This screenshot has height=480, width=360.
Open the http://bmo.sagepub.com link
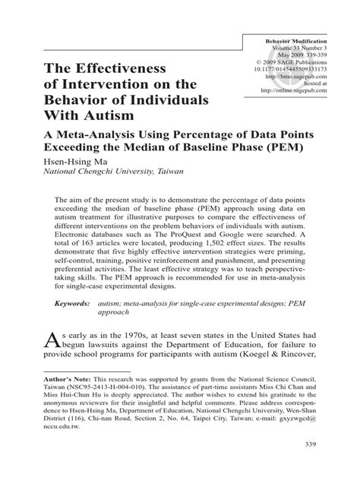(x=310, y=77)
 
